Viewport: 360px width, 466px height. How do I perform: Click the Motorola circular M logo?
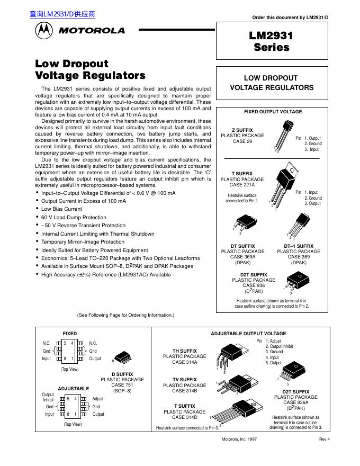[x=44, y=31]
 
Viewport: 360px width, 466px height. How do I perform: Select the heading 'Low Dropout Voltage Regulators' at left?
[x=89, y=69]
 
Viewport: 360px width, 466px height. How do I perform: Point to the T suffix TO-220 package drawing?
[x=283, y=185]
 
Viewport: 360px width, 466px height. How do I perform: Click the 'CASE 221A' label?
[x=242, y=185]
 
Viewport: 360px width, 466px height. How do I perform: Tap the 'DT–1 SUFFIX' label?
[x=299, y=246]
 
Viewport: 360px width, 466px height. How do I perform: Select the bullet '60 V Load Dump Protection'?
[x=74, y=217]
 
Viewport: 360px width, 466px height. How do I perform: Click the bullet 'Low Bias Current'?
[x=61, y=209]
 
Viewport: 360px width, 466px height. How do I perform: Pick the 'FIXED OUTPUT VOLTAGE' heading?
[x=273, y=112]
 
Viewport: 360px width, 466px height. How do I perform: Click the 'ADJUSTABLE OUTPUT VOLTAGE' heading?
[x=248, y=334]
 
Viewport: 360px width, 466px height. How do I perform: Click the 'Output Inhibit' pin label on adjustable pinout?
[x=48, y=397]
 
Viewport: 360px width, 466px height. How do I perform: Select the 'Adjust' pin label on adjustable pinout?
[x=98, y=398]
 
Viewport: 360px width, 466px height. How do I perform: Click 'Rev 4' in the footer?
[x=324, y=440]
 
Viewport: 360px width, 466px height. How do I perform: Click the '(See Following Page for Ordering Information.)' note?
[x=125, y=315]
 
